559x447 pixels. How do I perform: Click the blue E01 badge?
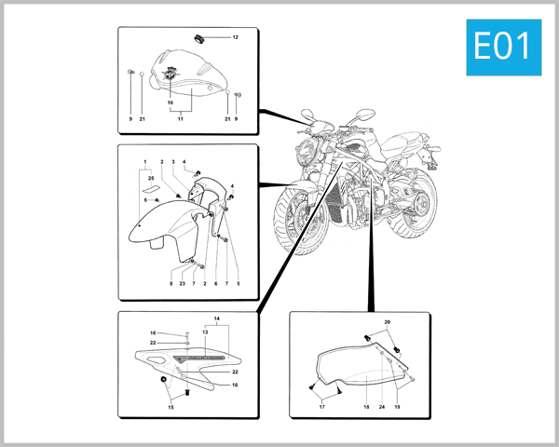click(x=504, y=47)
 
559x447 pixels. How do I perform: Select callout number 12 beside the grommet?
click(x=236, y=37)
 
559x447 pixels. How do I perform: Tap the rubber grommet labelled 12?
click(x=199, y=38)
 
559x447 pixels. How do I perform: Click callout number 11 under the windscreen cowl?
click(x=181, y=118)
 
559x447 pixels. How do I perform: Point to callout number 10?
click(x=170, y=102)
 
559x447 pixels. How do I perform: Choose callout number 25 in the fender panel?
click(x=151, y=178)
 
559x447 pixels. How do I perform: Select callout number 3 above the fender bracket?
click(x=173, y=162)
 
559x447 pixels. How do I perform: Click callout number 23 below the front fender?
click(x=183, y=284)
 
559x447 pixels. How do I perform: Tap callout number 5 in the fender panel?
click(x=239, y=284)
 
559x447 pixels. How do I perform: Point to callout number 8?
click(x=171, y=284)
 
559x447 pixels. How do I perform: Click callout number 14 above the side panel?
click(x=217, y=318)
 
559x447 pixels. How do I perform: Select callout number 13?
click(x=205, y=332)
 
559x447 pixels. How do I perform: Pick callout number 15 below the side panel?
click(x=170, y=407)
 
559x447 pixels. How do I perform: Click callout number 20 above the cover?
click(x=388, y=322)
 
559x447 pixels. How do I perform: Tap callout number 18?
click(x=366, y=407)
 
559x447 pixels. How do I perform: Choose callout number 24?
click(x=382, y=407)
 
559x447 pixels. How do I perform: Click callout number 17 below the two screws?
click(x=322, y=407)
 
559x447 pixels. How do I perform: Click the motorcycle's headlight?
click(x=306, y=153)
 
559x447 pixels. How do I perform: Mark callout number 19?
click(x=397, y=407)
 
